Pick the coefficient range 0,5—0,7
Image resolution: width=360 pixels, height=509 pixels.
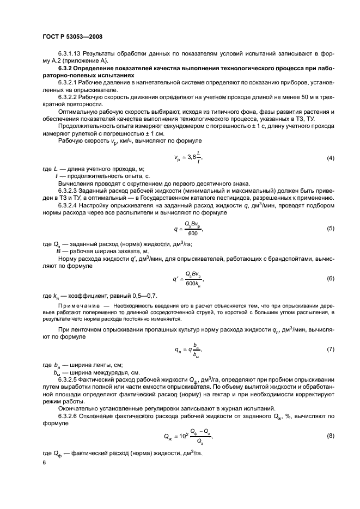click(143, 295)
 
